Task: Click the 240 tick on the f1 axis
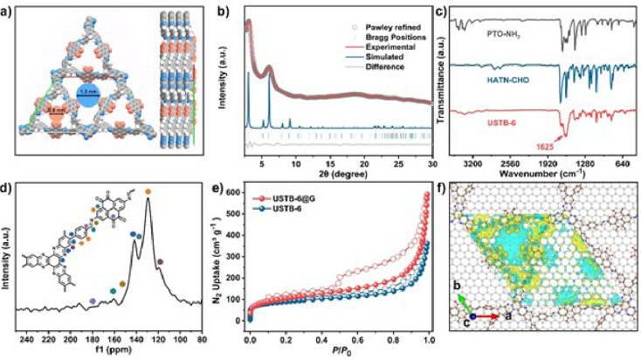click(x=27, y=339)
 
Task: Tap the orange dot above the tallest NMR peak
click(x=148, y=191)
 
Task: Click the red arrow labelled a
click(x=487, y=316)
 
